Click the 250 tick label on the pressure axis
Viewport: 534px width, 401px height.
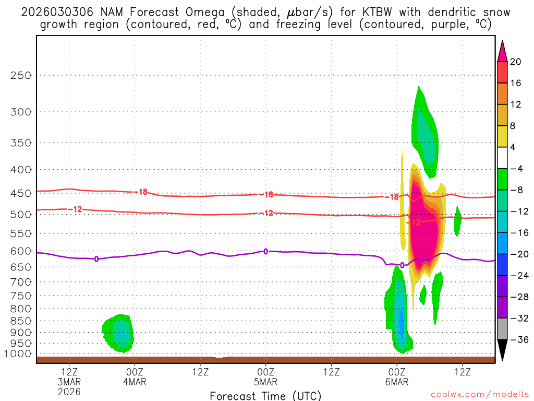pos(21,75)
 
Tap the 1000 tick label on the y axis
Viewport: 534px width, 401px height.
pos(18,354)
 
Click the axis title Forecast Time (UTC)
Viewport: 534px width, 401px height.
pos(265,395)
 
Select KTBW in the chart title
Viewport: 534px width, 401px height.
pos(332,12)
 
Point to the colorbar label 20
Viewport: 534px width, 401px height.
pos(516,62)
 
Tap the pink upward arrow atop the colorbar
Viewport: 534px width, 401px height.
pos(502,50)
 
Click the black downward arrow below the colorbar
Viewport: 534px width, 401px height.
pos(502,350)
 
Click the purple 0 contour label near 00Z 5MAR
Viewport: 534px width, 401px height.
pos(265,251)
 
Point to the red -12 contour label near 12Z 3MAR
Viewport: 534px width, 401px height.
pos(77,209)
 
